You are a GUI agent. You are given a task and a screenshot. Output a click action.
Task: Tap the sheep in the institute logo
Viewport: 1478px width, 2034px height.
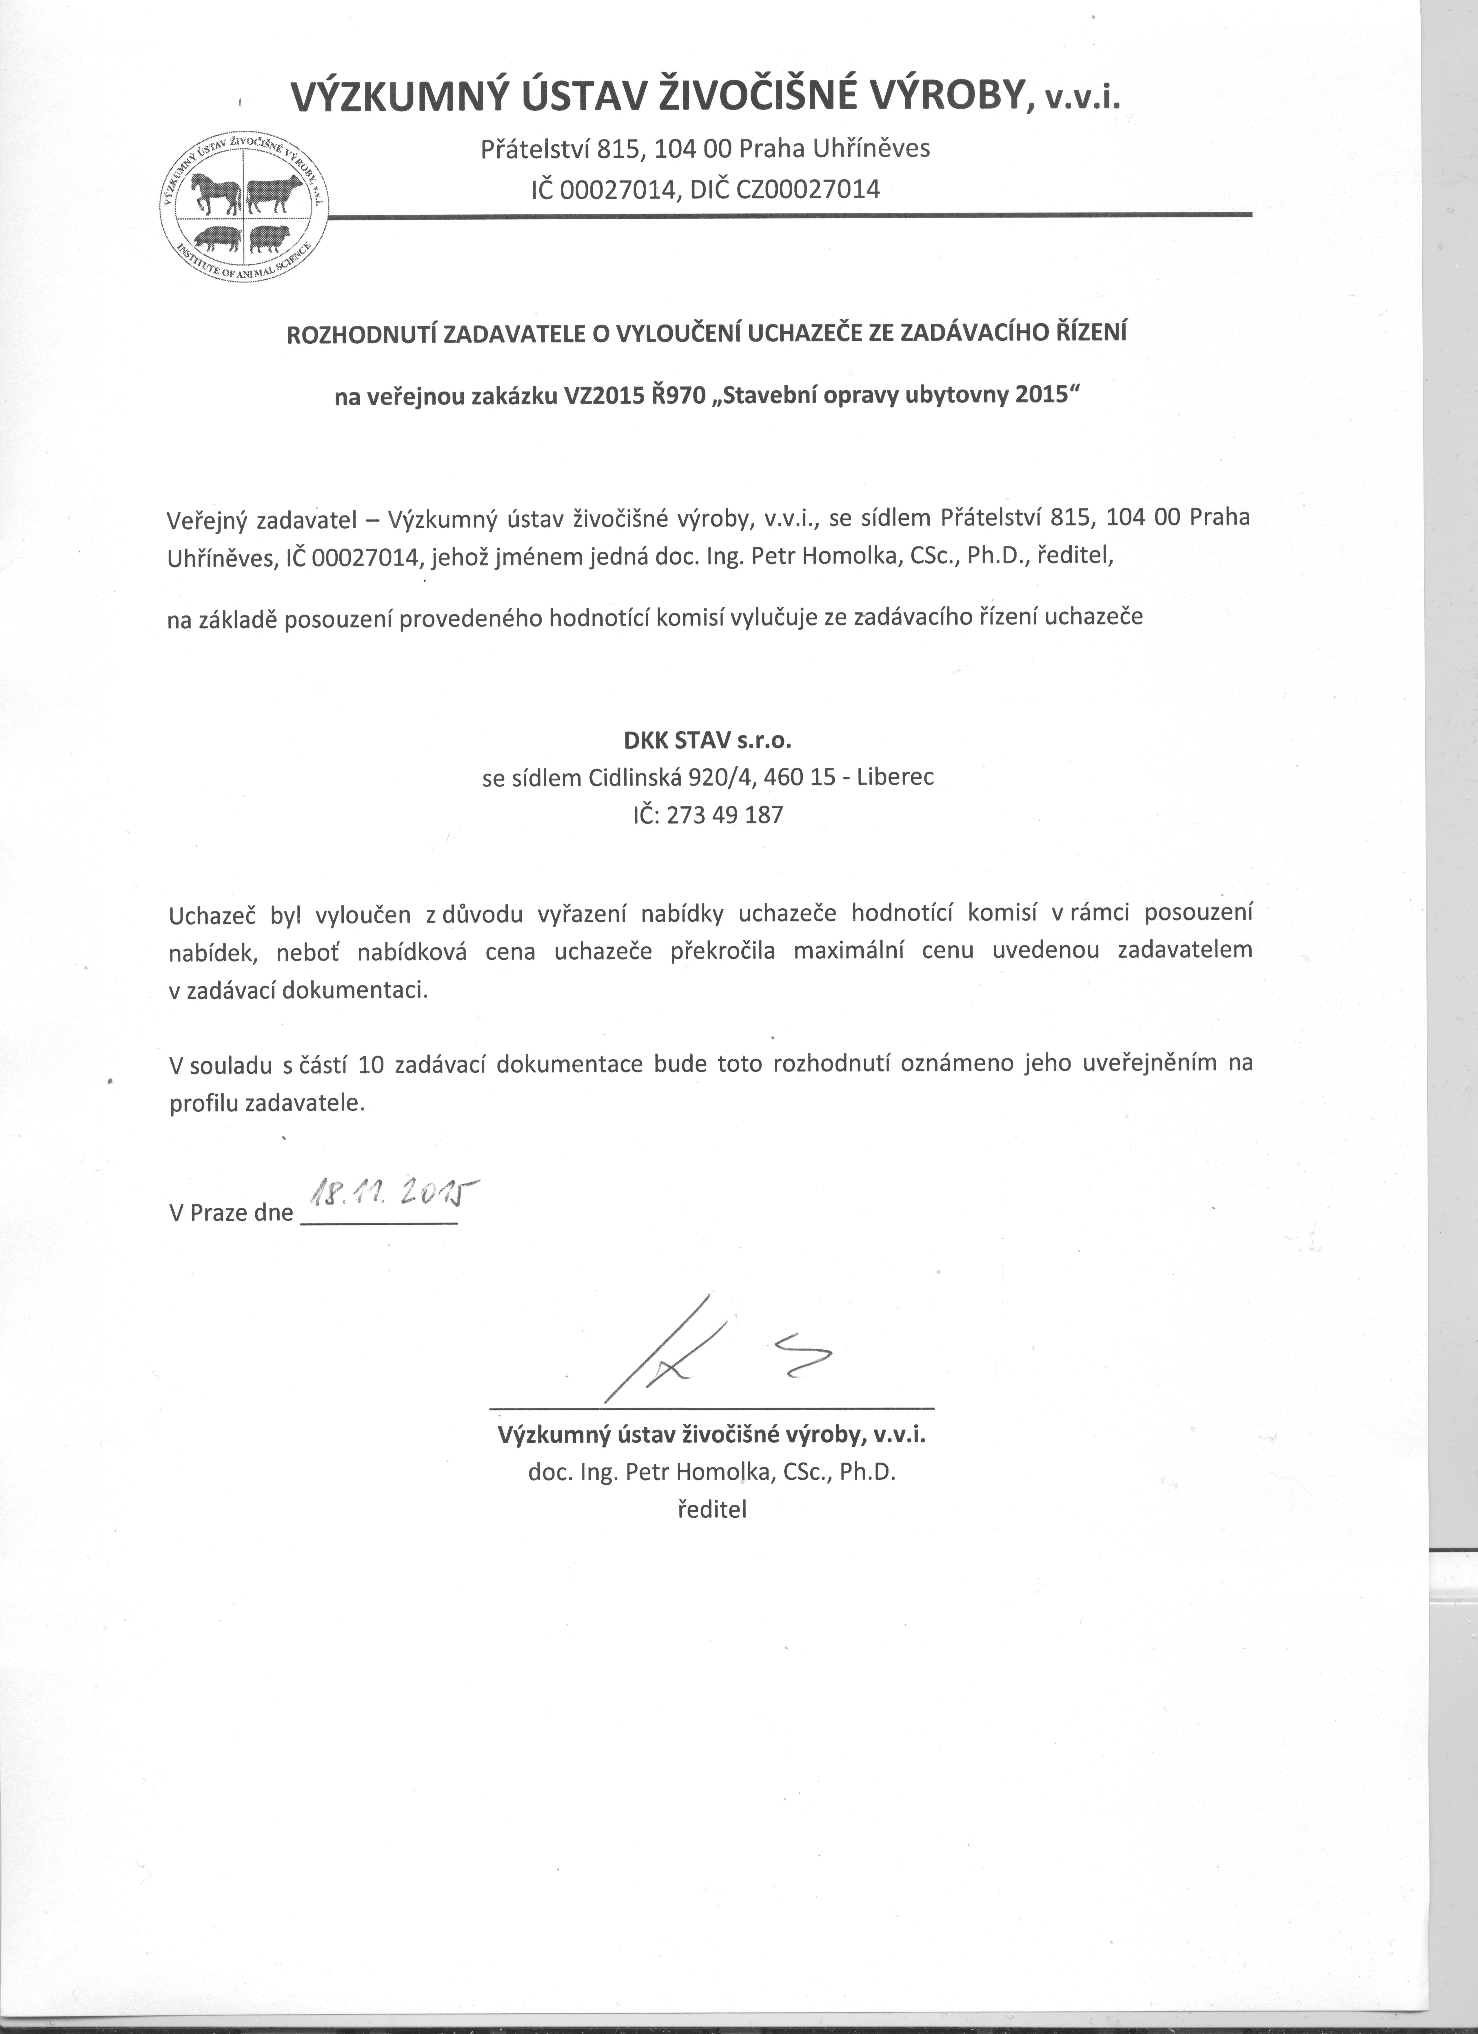pos(269,238)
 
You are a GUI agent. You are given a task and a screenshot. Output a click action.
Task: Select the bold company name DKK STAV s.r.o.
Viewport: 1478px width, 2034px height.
pos(708,740)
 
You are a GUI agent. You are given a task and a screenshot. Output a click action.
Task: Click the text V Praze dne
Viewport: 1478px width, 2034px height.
pos(231,1213)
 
